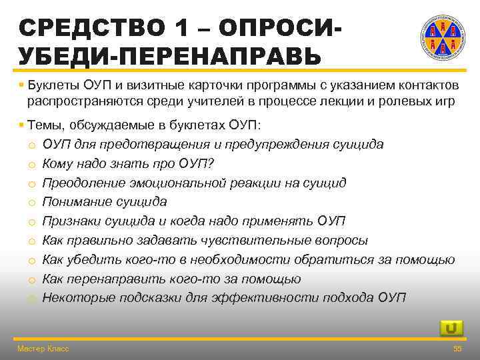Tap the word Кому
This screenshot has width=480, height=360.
coord(59,163)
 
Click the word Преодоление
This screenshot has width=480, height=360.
coord(84,183)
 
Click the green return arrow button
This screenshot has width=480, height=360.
coord(451,327)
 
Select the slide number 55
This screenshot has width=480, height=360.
coord(457,349)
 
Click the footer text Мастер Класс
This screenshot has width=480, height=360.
coord(43,349)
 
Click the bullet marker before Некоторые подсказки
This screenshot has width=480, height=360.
coord(31,298)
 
